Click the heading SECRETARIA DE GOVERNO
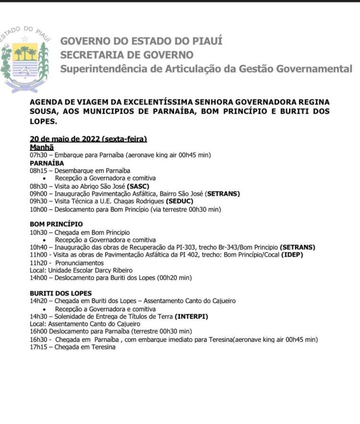click(127, 55)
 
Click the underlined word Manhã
click(41, 147)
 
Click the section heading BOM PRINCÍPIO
click(56, 224)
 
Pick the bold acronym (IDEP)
click(292, 255)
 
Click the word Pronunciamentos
click(80, 263)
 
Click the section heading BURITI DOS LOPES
click(61, 293)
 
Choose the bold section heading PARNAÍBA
click(47, 163)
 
